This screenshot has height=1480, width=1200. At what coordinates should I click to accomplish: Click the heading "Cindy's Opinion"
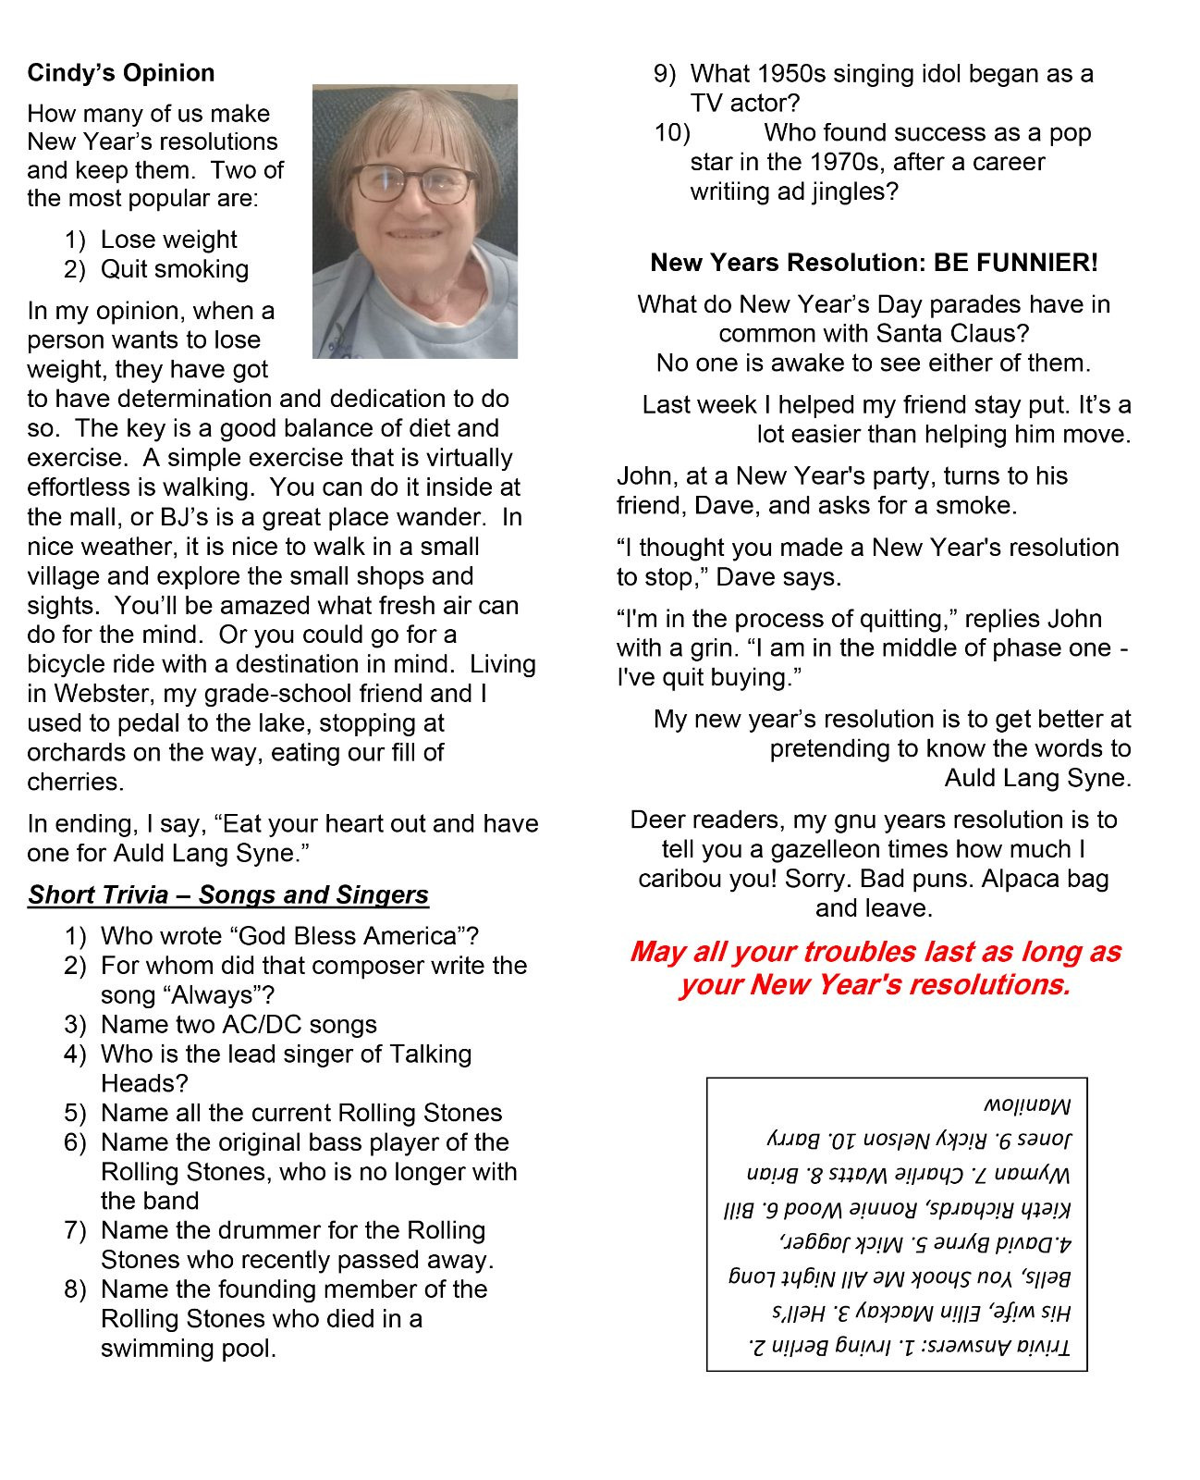[121, 73]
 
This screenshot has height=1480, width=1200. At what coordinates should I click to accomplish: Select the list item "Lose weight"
[168, 240]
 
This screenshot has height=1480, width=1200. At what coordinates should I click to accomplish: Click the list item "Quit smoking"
[175, 269]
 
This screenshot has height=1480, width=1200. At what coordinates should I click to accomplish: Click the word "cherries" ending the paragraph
[75, 783]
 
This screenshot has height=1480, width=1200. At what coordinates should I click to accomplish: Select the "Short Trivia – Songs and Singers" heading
[228, 894]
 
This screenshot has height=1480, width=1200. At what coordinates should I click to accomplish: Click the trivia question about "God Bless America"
[289, 936]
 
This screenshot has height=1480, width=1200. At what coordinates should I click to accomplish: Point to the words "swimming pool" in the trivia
[188, 1349]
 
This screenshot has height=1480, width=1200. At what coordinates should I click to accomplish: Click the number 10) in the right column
[672, 133]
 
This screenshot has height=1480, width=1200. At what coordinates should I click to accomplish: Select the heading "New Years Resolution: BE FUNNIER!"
[874, 263]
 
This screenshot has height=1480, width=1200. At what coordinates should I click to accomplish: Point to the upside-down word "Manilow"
[1026, 1106]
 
